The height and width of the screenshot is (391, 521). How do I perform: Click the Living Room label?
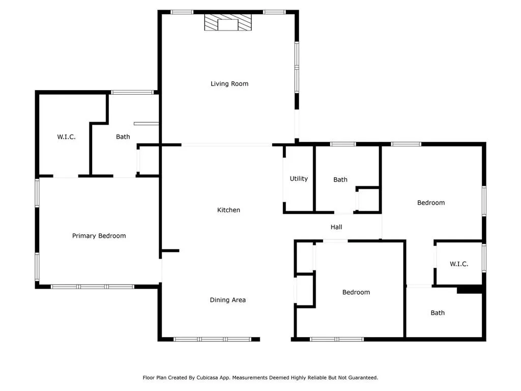pos(229,83)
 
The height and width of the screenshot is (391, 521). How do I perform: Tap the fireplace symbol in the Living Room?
pos(228,23)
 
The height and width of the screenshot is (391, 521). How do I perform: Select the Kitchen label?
pos(228,210)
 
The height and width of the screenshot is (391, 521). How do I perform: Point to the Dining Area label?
pos(227,300)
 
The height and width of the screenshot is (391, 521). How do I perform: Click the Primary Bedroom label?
pos(99,236)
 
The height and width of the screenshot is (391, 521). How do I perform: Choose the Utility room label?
pos(299,179)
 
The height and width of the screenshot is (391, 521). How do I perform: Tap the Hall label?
pos(336,227)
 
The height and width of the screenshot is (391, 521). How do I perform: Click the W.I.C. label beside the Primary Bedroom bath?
pos(66,136)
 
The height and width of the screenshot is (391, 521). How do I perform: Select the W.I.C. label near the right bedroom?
pos(458,264)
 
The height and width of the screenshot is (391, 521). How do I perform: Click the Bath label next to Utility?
pos(340,179)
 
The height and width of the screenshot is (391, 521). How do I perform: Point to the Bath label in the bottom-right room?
pos(438,313)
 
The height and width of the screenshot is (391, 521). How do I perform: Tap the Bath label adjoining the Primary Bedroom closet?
pos(123,136)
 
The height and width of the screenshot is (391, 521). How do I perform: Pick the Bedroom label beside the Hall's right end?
pos(431,203)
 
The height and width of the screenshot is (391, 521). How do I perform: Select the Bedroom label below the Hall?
pos(356,292)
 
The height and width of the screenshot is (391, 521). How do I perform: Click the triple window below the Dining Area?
pos(212,339)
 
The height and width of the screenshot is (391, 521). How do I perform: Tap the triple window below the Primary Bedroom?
pos(93,287)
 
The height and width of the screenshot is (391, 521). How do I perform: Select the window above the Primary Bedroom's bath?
pos(132,92)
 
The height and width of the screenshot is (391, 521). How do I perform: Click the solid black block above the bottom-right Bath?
pos(469,289)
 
